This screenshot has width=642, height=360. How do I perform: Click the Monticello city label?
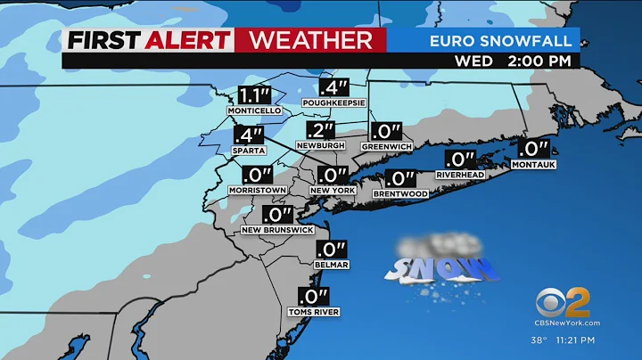(x=254, y=110)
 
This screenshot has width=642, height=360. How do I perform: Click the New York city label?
(x=333, y=191)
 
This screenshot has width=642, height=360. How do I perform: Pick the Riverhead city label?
(x=459, y=175)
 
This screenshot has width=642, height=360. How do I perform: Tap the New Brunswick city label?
(x=277, y=230)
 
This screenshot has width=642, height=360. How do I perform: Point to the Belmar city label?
(x=330, y=265)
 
